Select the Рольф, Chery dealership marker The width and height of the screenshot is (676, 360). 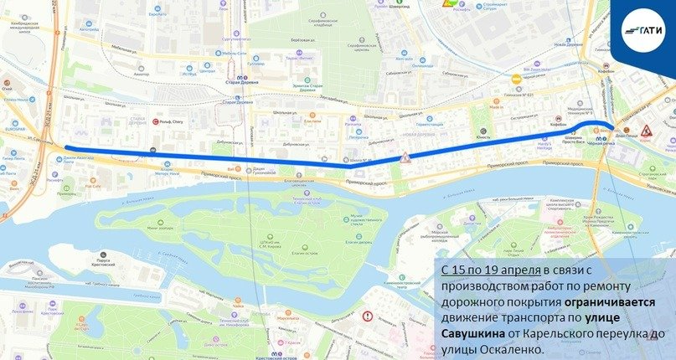(168, 121)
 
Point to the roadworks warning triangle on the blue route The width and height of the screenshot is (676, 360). (405, 157)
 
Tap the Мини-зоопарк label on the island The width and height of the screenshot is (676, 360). (158, 228)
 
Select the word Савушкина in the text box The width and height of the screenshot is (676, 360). (470, 333)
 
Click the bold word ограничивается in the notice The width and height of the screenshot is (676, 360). (620, 301)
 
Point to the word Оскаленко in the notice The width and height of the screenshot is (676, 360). (512, 348)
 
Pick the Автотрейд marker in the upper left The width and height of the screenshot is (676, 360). (88, 28)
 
